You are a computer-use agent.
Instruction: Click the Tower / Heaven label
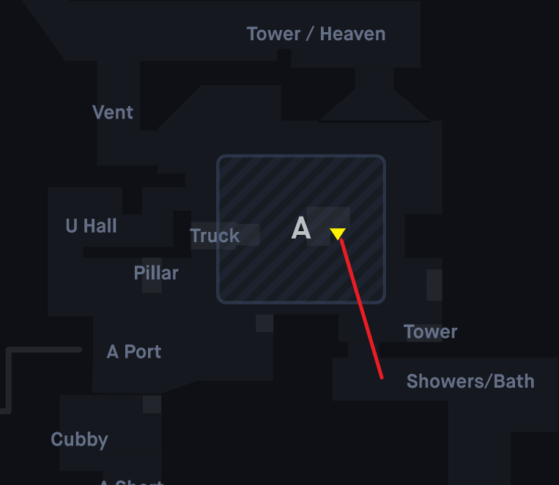tap(316, 34)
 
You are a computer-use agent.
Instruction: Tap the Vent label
tap(113, 113)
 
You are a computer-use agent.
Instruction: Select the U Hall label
tap(91, 226)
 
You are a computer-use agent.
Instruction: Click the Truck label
tap(215, 236)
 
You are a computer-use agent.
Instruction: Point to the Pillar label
tap(156, 273)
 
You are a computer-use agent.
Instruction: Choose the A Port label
tap(134, 352)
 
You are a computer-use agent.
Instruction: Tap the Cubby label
tap(79, 440)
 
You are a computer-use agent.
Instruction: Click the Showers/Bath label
tap(470, 381)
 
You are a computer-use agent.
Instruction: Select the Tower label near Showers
tap(431, 332)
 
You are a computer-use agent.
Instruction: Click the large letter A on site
tap(301, 230)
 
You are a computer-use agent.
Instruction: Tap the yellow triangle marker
tap(337, 233)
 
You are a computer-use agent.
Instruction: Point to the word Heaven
tap(352, 34)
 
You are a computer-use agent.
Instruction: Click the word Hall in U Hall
tap(100, 226)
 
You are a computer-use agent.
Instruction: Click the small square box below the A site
tap(264, 323)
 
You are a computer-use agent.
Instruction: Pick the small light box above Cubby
tap(152, 405)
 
